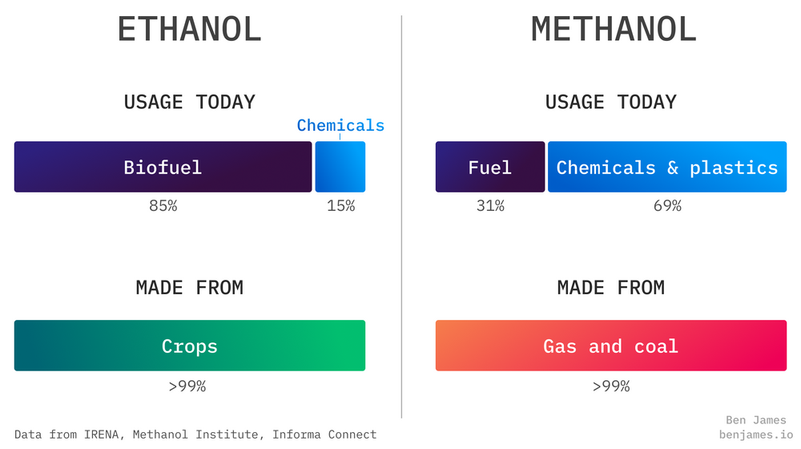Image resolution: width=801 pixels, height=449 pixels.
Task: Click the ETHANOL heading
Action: tap(190, 30)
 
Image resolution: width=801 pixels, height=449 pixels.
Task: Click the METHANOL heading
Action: tap(614, 30)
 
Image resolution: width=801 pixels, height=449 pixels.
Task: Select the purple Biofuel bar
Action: tap(163, 167)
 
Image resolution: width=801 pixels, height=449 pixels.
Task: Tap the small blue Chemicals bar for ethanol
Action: tap(340, 167)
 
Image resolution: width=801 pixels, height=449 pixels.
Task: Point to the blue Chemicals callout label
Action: tap(340, 125)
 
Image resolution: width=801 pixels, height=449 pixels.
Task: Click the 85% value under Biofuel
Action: tap(163, 206)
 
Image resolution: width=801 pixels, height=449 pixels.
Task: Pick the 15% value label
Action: tap(340, 206)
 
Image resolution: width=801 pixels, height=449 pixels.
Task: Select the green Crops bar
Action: tap(190, 346)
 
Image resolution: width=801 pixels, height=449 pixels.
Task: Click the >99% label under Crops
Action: tap(187, 386)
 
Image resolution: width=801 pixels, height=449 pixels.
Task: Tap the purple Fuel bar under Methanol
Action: tap(490, 167)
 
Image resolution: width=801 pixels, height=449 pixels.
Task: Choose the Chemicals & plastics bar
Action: tap(667, 167)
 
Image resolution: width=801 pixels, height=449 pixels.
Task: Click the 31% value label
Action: tap(490, 206)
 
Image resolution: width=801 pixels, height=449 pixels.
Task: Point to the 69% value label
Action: tap(667, 206)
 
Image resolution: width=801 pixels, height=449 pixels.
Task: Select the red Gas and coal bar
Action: tap(611, 346)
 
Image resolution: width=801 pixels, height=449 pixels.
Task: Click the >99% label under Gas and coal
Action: tap(611, 386)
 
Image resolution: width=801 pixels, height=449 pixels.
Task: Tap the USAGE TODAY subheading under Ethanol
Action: tap(190, 102)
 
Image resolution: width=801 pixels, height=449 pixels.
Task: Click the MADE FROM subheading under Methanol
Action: tap(611, 287)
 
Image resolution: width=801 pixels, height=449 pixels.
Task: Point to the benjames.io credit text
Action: tap(753, 434)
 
